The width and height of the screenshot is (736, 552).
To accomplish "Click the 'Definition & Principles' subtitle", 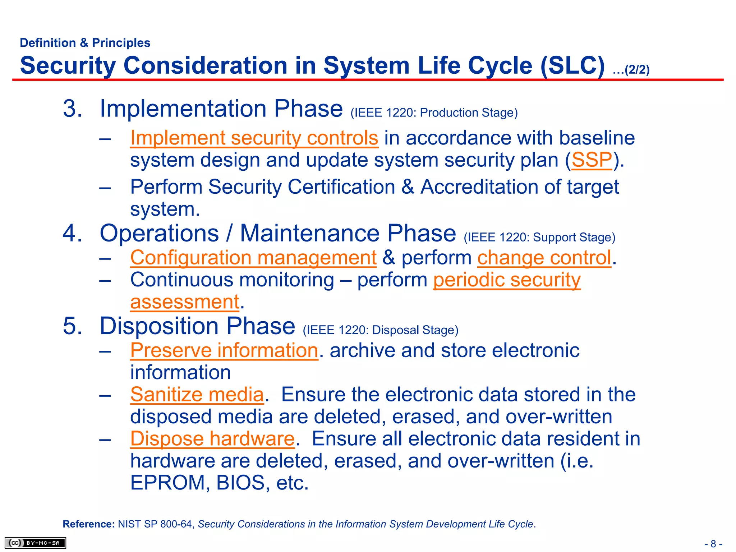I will (85, 43).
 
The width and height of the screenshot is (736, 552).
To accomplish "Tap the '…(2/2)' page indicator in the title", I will (631, 70).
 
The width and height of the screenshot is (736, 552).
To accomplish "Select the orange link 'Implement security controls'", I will (254, 138).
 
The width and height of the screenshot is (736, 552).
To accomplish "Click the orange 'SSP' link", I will (592, 160).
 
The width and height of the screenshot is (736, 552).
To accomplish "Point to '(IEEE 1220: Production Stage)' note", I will (434, 113).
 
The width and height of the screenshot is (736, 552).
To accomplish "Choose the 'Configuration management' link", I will (253, 258).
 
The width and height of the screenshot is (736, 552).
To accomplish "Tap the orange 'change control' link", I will (544, 258).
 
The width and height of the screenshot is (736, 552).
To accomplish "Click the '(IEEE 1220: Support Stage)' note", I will (539, 238).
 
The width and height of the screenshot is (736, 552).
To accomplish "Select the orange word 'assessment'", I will (184, 302).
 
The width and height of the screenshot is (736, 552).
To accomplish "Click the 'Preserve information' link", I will (224, 350).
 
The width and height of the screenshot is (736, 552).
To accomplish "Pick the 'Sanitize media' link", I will (197, 395).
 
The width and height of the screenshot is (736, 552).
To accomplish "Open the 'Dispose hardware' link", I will (212, 439).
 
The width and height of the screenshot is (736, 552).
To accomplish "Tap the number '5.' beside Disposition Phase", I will (72, 326).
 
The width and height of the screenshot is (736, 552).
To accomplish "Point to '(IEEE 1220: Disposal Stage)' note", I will (380, 330).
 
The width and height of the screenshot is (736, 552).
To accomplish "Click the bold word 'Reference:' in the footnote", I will (88, 524).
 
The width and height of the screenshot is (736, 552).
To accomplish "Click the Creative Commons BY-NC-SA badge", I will (35, 543).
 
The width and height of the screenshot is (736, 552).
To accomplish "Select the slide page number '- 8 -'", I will (713, 544).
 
